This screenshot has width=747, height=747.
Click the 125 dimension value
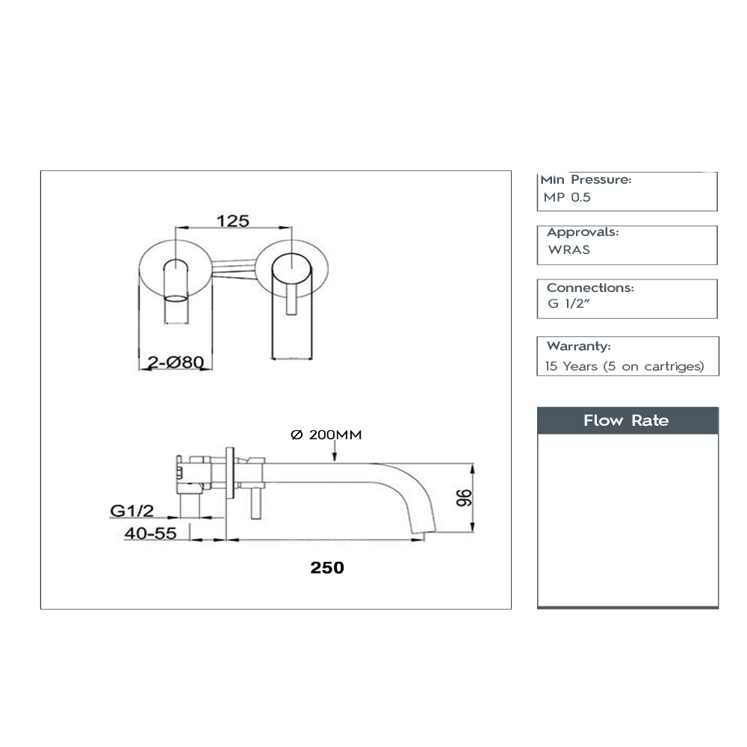(x=232, y=220)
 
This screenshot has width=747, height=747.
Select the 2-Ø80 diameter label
(x=176, y=362)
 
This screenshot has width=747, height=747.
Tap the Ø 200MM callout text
(x=325, y=435)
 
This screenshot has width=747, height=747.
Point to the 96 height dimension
(x=463, y=499)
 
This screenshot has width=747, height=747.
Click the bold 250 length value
(x=327, y=568)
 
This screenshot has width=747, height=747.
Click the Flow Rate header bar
(x=627, y=421)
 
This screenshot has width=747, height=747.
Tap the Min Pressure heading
(x=586, y=180)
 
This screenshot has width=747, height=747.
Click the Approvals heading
(x=583, y=232)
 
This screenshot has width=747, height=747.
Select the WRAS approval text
(x=569, y=250)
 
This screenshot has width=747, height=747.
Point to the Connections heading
(x=590, y=288)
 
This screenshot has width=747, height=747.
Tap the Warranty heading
(x=579, y=346)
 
